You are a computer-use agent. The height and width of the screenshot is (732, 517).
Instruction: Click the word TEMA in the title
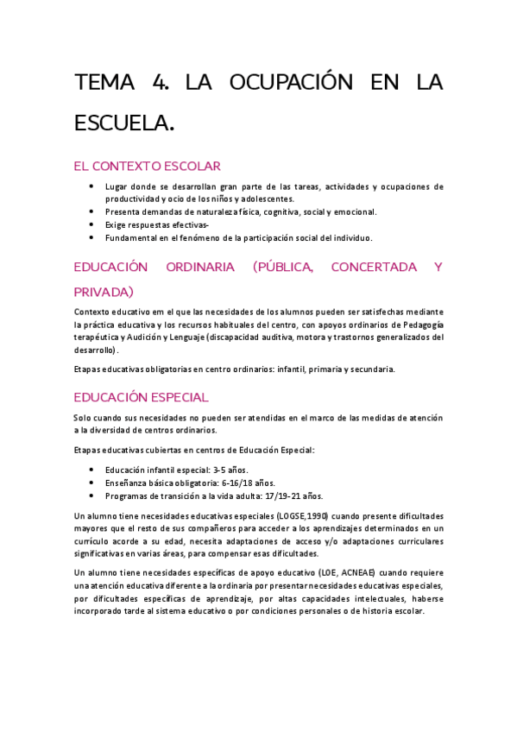[x=104, y=83]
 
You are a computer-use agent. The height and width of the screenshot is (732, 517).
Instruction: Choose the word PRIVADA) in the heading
[x=104, y=293]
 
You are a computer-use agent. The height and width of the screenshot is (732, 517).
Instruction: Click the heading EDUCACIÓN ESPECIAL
[x=141, y=397]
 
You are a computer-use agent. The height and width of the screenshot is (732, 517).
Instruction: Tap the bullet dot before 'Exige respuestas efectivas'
[x=92, y=224]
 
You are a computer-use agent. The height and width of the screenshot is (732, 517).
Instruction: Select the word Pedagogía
[x=419, y=325]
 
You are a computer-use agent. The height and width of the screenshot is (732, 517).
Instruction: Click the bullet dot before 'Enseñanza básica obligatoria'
[x=92, y=483]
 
